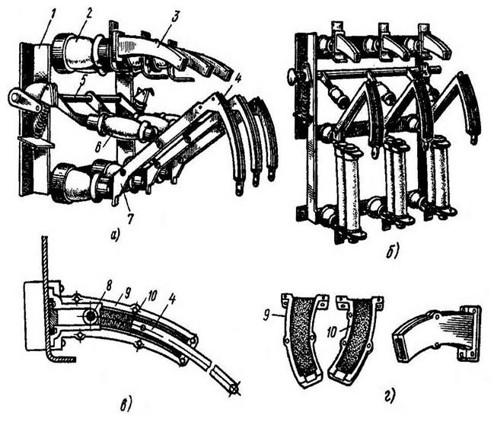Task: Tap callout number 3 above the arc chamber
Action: point(174,18)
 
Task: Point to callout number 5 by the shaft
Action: point(82,81)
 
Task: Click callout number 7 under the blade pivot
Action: point(130,217)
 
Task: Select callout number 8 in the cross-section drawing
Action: point(109,287)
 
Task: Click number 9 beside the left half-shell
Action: point(267,315)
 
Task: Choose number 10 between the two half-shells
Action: point(333,332)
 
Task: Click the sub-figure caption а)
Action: point(115,235)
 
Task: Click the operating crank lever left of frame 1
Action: point(26,101)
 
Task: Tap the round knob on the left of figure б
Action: point(293,76)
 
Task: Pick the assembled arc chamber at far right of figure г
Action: point(437,334)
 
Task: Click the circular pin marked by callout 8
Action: point(91,315)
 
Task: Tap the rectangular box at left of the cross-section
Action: point(35,316)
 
